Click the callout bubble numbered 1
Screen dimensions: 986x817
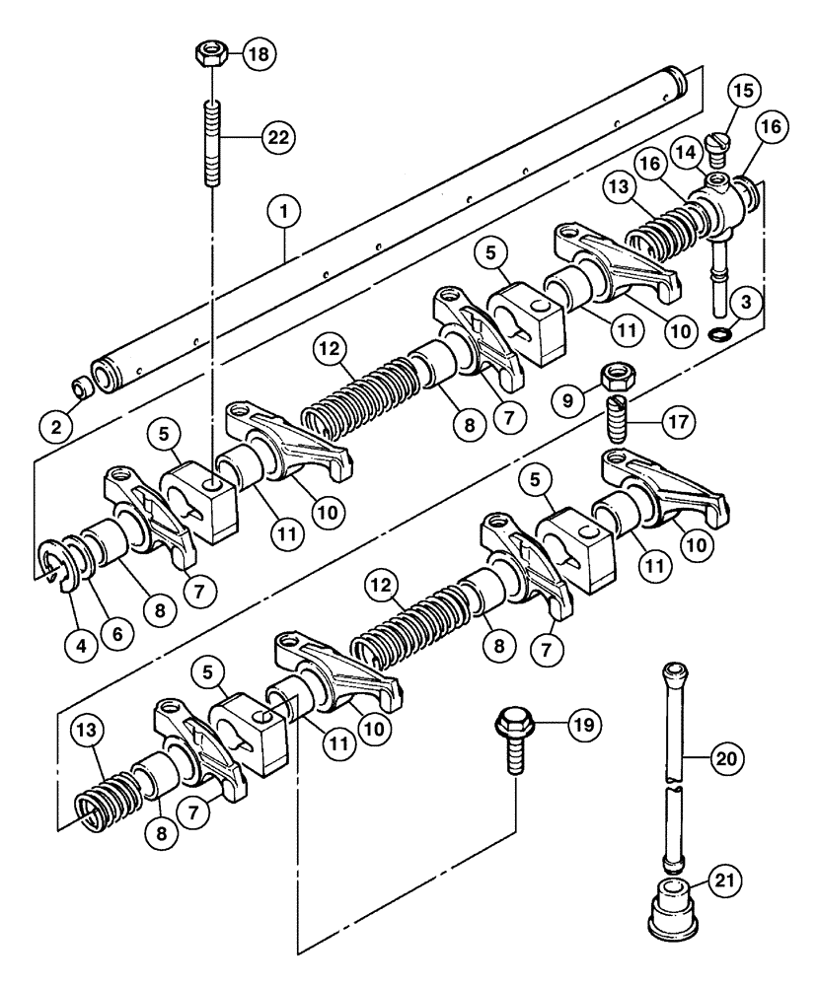(285, 210)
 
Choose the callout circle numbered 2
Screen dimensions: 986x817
(56, 427)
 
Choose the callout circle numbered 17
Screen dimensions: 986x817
(678, 421)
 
